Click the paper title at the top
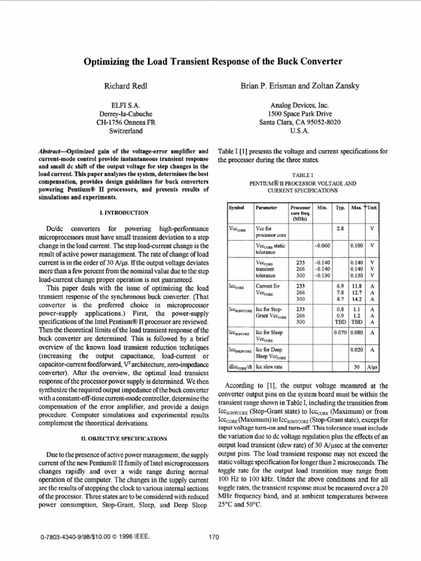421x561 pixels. pyautogui.click(x=212, y=61)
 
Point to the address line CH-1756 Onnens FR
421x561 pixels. pyautogui.click(x=126, y=123)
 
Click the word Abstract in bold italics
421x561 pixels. pyautogui.click(x=53, y=151)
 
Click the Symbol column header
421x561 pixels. pyautogui.click(x=236, y=208)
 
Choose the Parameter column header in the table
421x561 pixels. pyautogui.click(x=266, y=208)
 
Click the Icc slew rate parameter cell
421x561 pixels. pyautogui.click(x=269, y=368)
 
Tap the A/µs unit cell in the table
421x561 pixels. pyautogui.click(x=372, y=368)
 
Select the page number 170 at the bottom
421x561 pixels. pyautogui.click(x=214, y=537)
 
